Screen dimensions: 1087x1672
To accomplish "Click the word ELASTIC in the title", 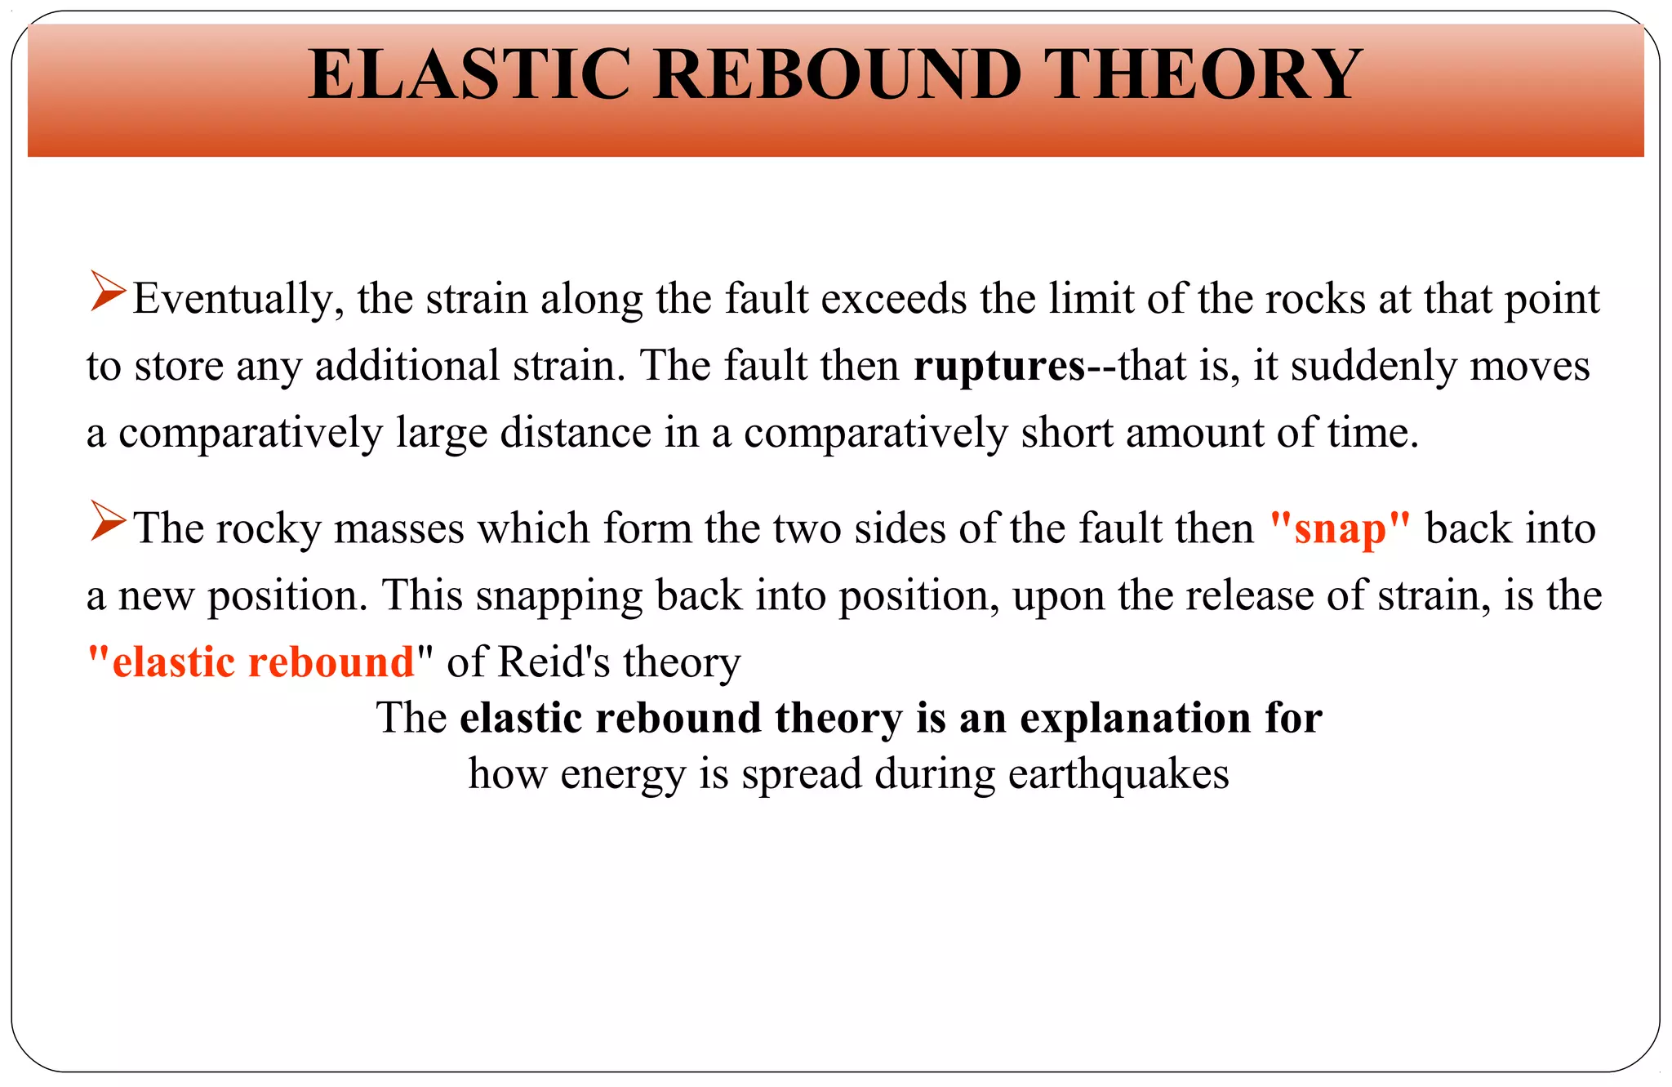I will coord(469,75).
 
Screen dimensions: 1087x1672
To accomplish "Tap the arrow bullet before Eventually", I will coord(108,292).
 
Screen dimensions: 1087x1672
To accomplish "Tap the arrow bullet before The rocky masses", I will coord(108,521).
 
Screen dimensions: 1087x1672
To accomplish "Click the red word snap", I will coord(1340,528).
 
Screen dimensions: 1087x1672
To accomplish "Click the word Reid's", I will coord(554,662).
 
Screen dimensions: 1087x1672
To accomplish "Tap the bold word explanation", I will coord(1136,718).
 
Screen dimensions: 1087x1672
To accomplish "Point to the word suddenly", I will coord(1373,366).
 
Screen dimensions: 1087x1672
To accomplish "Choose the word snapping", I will coord(559,595).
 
